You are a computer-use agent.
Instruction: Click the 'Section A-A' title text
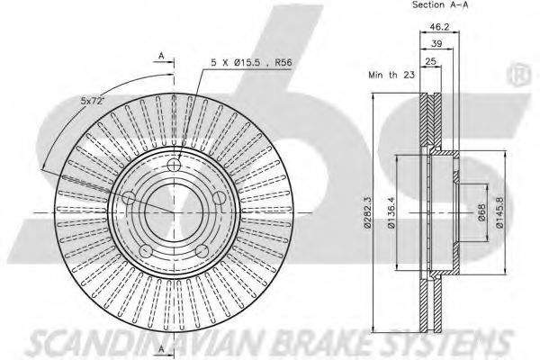[x=440, y=4]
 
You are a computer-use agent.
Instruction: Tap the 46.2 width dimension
[x=440, y=26]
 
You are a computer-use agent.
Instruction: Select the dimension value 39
[x=436, y=44]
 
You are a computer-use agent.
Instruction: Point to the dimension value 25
[x=431, y=61]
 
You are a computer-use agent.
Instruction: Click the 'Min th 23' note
[x=391, y=75]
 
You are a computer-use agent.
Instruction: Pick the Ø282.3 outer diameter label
[x=367, y=212]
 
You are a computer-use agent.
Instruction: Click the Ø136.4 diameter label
[x=391, y=212]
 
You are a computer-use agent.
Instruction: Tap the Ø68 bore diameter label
[x=481, y=212]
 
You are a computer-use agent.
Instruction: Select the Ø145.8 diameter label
[x=499, y=212]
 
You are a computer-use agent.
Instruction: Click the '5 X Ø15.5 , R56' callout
[x=251, y=63]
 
